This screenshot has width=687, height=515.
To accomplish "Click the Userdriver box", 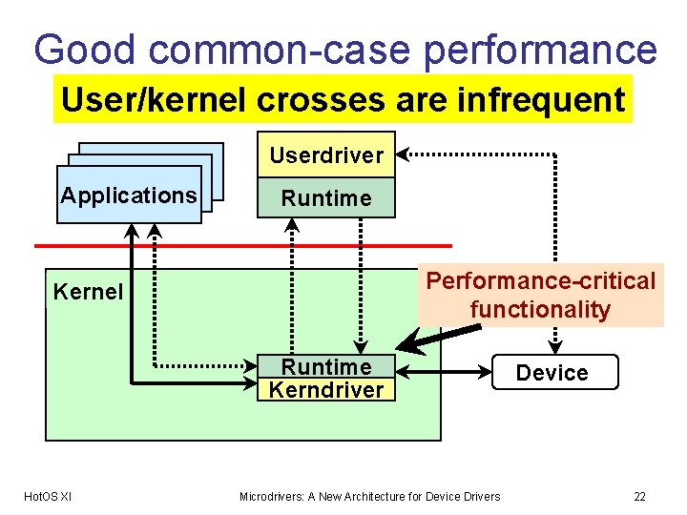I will coord(326,154).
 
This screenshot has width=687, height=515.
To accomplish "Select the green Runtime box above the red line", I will coord(326,198).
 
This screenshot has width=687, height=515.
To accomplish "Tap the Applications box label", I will coord(129,196).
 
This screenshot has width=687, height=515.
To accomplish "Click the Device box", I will coord(552,373).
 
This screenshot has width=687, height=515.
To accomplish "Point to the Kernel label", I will coord(88,292).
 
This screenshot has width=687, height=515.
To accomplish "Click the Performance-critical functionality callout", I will coord(540,295).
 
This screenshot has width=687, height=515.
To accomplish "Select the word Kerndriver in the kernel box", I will coord(326,390).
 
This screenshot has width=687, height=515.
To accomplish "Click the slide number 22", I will coord(639,496).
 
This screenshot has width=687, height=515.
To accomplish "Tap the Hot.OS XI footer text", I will coord(47,496).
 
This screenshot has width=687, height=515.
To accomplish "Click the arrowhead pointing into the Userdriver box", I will coord(403,153).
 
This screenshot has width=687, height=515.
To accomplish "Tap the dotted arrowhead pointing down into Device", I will coord(556,348).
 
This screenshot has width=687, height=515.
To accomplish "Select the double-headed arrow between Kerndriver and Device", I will coord(444,367).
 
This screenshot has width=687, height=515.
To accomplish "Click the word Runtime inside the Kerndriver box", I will coord(326,367).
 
